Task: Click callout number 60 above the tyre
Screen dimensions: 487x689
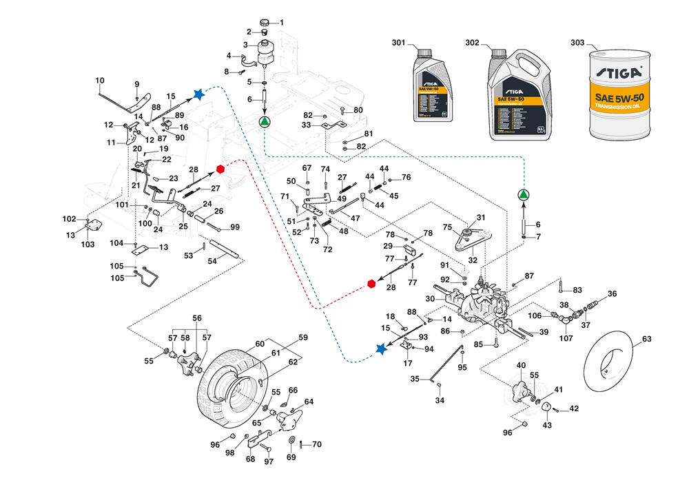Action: tap(260, 344)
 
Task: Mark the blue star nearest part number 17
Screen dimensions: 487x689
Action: tap(382, 349)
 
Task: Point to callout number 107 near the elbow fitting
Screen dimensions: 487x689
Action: tap(566, 338)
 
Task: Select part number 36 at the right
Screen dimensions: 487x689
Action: tap(613, 294)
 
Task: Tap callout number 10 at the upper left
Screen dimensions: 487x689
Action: tap(100, 81)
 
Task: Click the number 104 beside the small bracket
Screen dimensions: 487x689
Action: tap(116, 243)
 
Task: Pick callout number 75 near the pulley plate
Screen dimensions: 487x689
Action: tap(446, 227)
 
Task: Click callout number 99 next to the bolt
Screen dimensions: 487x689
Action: tap(234, 227)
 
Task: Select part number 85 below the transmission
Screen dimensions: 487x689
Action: tap(477, 343)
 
